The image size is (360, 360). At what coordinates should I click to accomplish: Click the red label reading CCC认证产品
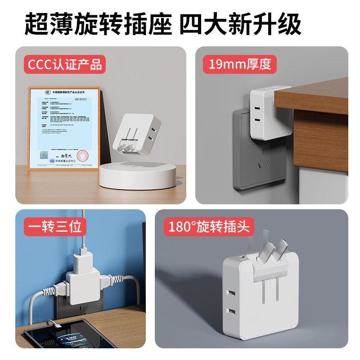(x=65, y=64)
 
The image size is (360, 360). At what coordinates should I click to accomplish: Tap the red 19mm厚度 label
(x=239, y=64)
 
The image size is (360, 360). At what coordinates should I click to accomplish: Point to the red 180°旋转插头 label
(x=208, y=227)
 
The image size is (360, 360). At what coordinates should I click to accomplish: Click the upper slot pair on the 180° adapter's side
(x=231, y=293)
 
